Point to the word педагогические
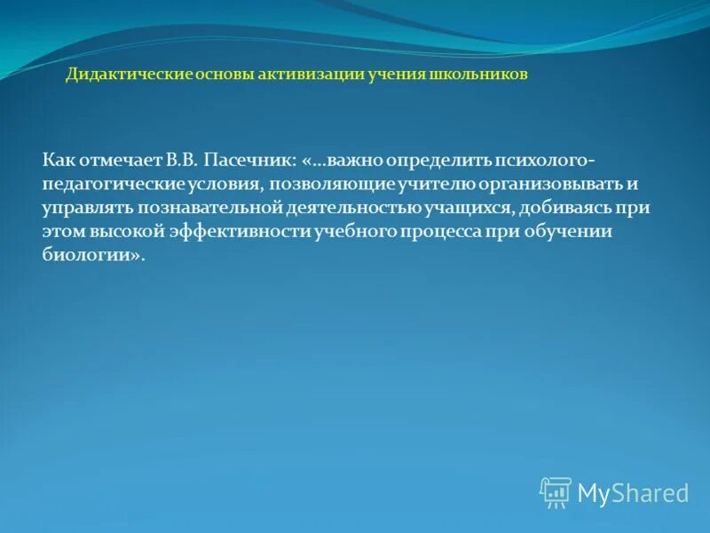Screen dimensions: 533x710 click(x=111, y=184)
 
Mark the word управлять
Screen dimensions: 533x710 click(x=86, y=207)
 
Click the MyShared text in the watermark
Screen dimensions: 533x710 click(x=633, y=492)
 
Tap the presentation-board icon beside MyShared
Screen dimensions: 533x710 click(x=556, y=492)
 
